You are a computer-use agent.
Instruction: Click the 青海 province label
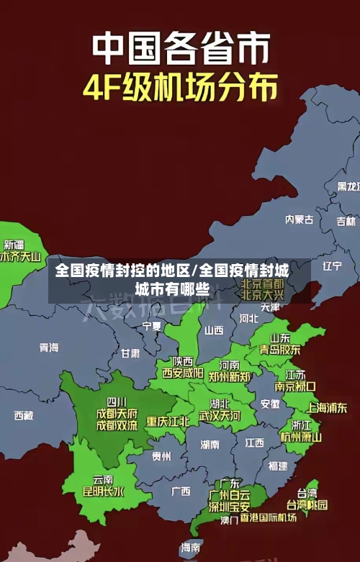click(49, 348)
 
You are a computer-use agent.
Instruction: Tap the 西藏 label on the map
click(24, 415)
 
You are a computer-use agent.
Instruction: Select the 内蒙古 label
click(299, 199)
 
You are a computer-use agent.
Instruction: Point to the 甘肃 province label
click(130, 353)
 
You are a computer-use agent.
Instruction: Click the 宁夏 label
click(152, 326)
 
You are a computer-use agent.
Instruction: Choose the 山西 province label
click(214, 330)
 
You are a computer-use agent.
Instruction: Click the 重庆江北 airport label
click(168, 421)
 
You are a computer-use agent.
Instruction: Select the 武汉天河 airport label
click(220, 416)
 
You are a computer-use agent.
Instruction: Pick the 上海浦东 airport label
click(327, 407)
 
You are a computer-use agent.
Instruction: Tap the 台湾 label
click(307, 493)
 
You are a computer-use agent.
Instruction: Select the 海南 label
click(191, 548)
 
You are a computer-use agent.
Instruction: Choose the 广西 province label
click(181, 491)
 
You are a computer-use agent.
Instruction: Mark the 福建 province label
click(277, 466)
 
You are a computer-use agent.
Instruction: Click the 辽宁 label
click(332, 266)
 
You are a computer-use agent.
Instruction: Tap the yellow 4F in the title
click(105, 89)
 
